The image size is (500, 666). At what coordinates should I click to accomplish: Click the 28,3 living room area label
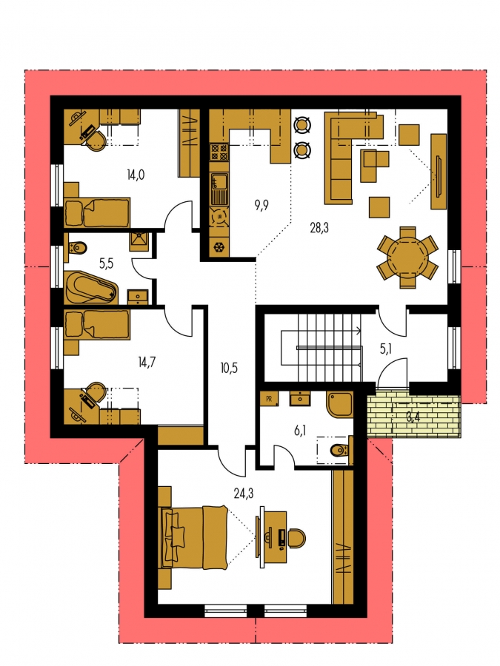coord(319,229)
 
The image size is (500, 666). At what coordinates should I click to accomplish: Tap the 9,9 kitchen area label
coord(261,206)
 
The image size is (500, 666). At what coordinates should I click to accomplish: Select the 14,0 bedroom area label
coord(136,175)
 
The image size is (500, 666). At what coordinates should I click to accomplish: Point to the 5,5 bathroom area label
coord(106,263)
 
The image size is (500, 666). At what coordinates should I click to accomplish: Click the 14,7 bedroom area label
coord(147,363)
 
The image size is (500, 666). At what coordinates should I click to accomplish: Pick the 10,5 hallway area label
coord(229,369)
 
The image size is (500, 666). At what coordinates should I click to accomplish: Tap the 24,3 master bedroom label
coord(244,493)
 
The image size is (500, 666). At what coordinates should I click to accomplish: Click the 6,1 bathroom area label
coord(300,431)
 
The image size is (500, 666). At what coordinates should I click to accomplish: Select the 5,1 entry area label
coord(386,349)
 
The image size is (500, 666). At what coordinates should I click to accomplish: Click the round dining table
coord(407,258)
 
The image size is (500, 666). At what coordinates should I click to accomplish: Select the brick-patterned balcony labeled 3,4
coord(413,416)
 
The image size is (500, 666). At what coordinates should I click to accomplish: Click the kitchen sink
coord(219,189)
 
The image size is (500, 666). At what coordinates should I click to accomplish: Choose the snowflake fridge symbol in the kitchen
coord(219,246)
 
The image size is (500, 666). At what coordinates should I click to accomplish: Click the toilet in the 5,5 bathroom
coord(76,246)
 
